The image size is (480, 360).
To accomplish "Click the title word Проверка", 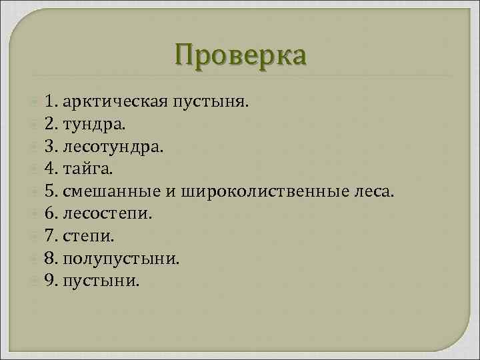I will (x=241, y=55).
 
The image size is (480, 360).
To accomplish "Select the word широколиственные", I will (x=265, y=193).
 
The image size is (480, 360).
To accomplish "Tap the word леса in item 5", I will (x=376, y=193).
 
